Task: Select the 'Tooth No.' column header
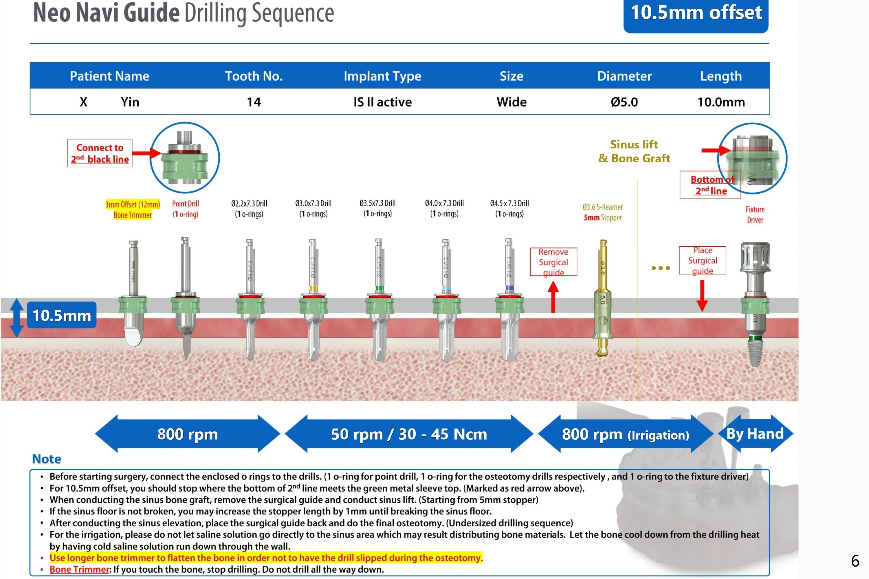click(254, 76)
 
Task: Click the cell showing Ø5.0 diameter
click(624, 102)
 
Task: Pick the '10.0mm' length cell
click(721, 102)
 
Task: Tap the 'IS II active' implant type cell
click(382, 102)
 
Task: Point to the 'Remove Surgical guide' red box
click(553, 262)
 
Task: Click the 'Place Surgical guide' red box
click(703, 260)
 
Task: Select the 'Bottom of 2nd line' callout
click(710, 185)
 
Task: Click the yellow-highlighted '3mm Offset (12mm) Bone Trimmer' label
click(133, 209)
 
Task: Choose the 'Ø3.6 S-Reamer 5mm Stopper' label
click(603, 212)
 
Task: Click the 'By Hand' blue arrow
click(755, 433)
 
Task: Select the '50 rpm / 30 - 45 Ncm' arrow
click(409, 434)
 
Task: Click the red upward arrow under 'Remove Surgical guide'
click(553, 297)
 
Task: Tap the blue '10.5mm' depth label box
click(62, 315)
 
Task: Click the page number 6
click(855, 560)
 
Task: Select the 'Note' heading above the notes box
click(47, 459)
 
